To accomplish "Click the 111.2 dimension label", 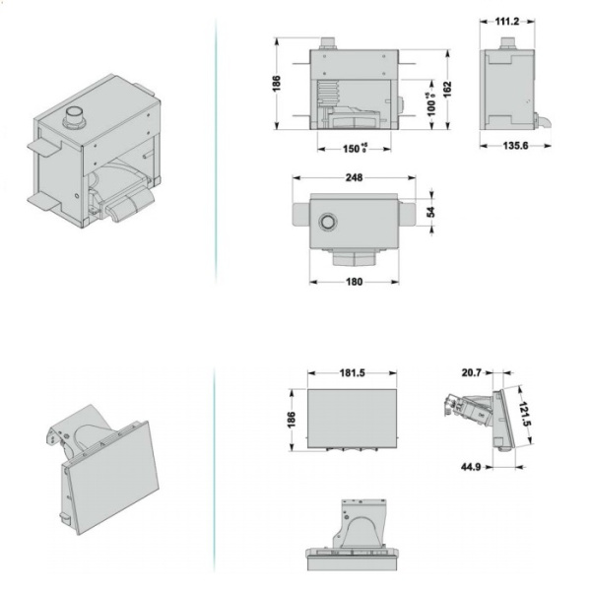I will coord(507,20).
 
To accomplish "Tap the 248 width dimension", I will coord(355,178).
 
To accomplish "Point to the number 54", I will coord(429,212).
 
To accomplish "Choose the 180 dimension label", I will coord(355,283).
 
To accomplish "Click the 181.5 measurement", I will coord(353,373).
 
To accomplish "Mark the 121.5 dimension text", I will coord(527,415).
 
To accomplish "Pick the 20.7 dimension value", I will coord(469,373).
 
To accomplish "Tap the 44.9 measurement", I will coord(469,467).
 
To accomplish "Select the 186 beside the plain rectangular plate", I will coord(290,419).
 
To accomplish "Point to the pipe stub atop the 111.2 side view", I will coord(506,43).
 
